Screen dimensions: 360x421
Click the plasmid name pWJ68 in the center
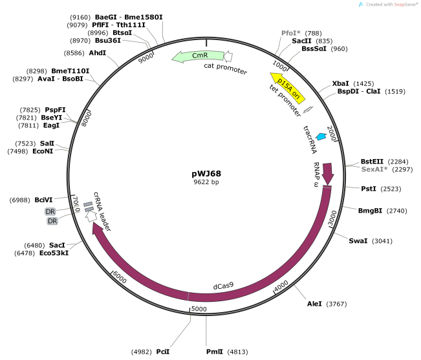pyautogui.click(x=206, y=174)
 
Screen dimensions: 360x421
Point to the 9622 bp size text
pyautogui.click(x=206, y=183)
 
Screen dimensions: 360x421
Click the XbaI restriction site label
pyautogui.click(x=340, y=83)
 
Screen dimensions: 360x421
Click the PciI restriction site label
pyautogui.click(x=163, y=352)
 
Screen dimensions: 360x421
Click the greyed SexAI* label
pyautogui.click(x=374, y=169)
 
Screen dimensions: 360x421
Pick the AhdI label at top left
pyautogui.click(x=98, y=52)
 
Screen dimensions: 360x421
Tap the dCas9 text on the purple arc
pyautogui.click(x=224, y=285)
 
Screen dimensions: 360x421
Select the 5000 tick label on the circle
pyautogui.click(x=199, y=310)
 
